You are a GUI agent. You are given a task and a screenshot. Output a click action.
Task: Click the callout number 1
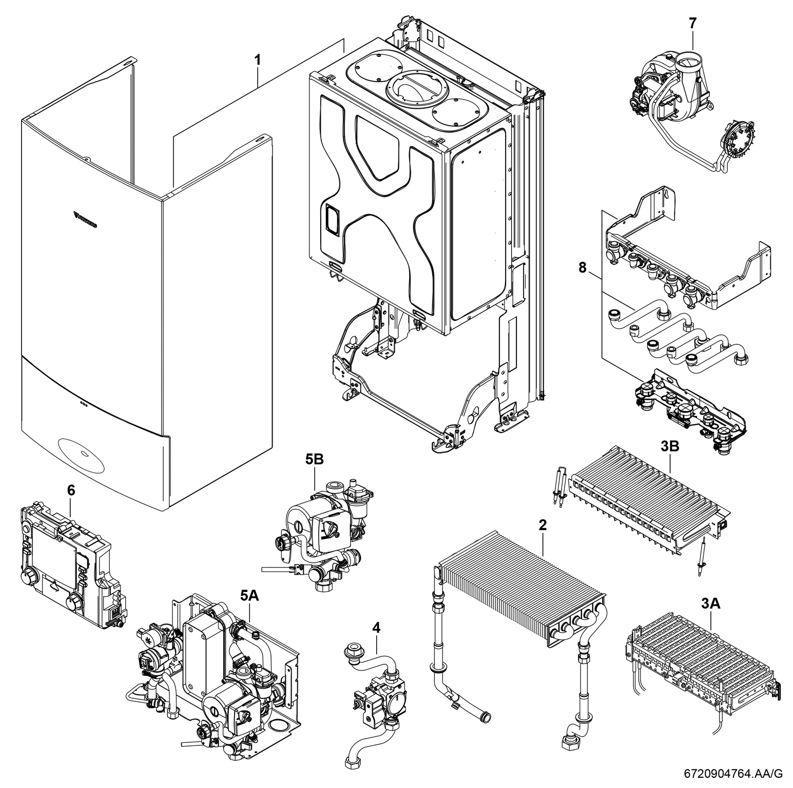pos(258,60)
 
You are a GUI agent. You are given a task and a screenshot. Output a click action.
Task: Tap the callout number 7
pos(693,24)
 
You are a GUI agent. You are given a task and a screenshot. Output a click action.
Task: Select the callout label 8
pos(582,268)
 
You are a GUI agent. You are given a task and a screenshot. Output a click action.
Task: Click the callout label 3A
pos(710,604)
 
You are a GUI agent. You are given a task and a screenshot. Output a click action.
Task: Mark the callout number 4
pos(377,627)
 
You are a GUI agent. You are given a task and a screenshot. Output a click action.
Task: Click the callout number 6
pos(71,490)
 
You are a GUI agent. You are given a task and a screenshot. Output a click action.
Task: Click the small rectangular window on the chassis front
pos(331,220)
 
